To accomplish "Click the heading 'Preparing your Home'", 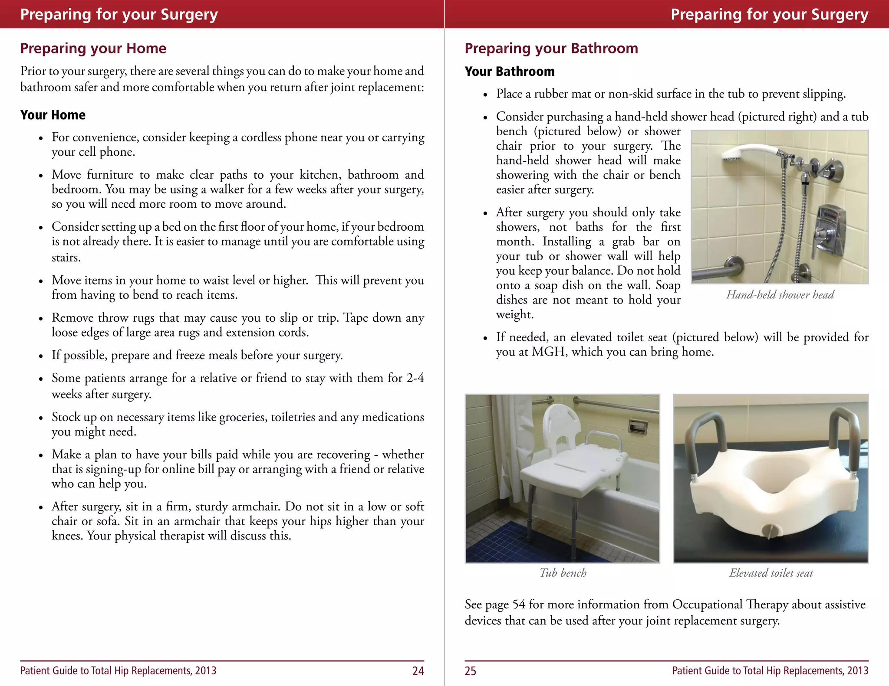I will tap(93, 48).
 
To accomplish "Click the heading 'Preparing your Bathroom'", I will tap(551, 48).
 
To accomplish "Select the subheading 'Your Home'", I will tap(53, 115).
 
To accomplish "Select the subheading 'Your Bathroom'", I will tap(509, 72).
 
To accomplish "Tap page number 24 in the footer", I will tap(418, 671).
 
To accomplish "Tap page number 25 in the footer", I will tap(470, 671).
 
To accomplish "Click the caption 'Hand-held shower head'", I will tap(780, 295).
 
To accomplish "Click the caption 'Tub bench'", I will tap(563, 573).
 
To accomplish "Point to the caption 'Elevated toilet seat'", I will tap(770, 573).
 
